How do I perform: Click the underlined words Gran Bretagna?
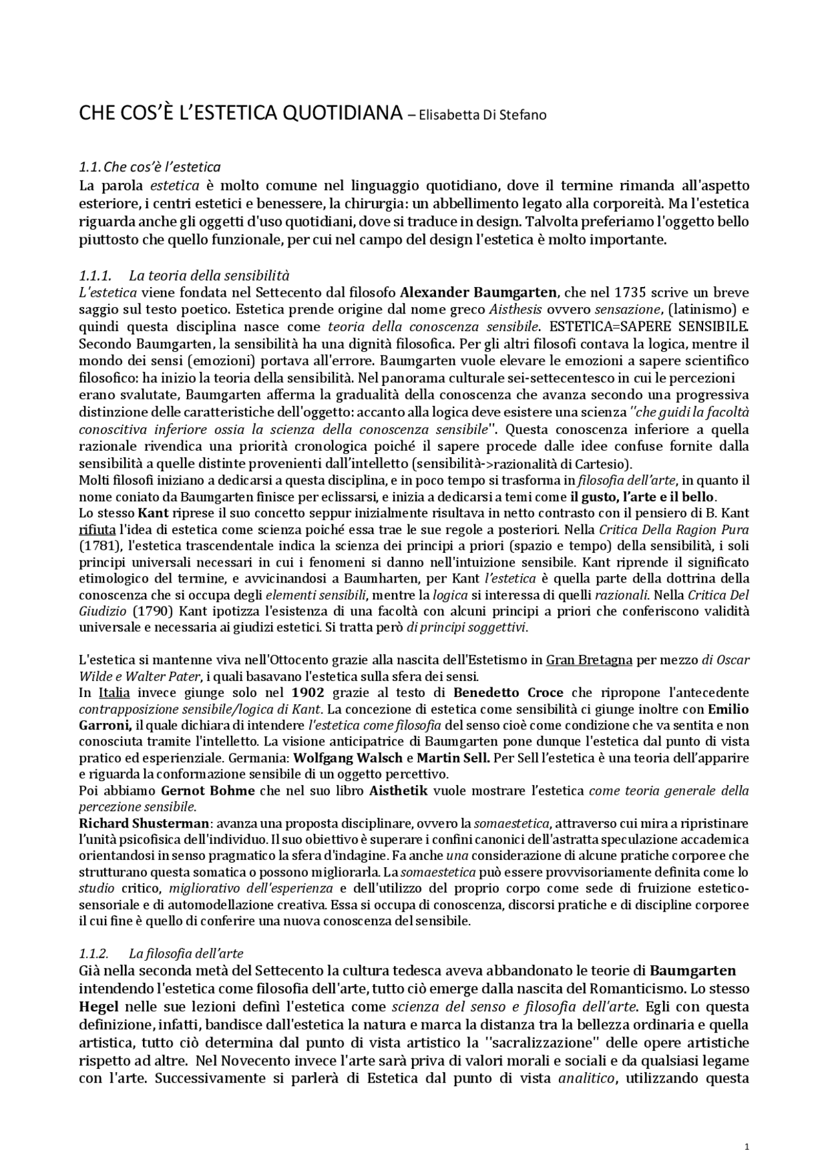point(589,660)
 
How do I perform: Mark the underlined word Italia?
point(114,693)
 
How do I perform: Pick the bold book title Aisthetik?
point(398,790)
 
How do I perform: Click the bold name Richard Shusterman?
point(144,823)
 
